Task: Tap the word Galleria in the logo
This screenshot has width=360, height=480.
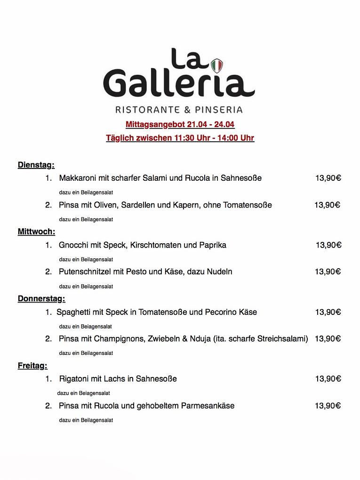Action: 179,83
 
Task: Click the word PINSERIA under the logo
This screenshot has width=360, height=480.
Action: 219,110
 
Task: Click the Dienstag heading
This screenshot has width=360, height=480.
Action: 36,165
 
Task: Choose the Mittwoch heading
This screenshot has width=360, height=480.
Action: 37,232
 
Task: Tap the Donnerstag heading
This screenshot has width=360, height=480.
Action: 41,298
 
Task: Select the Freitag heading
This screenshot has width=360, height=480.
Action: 32,366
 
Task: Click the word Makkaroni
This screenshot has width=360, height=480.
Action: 78,178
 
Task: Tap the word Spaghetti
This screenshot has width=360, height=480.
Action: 74,312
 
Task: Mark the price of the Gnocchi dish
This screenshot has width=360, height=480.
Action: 328,245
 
